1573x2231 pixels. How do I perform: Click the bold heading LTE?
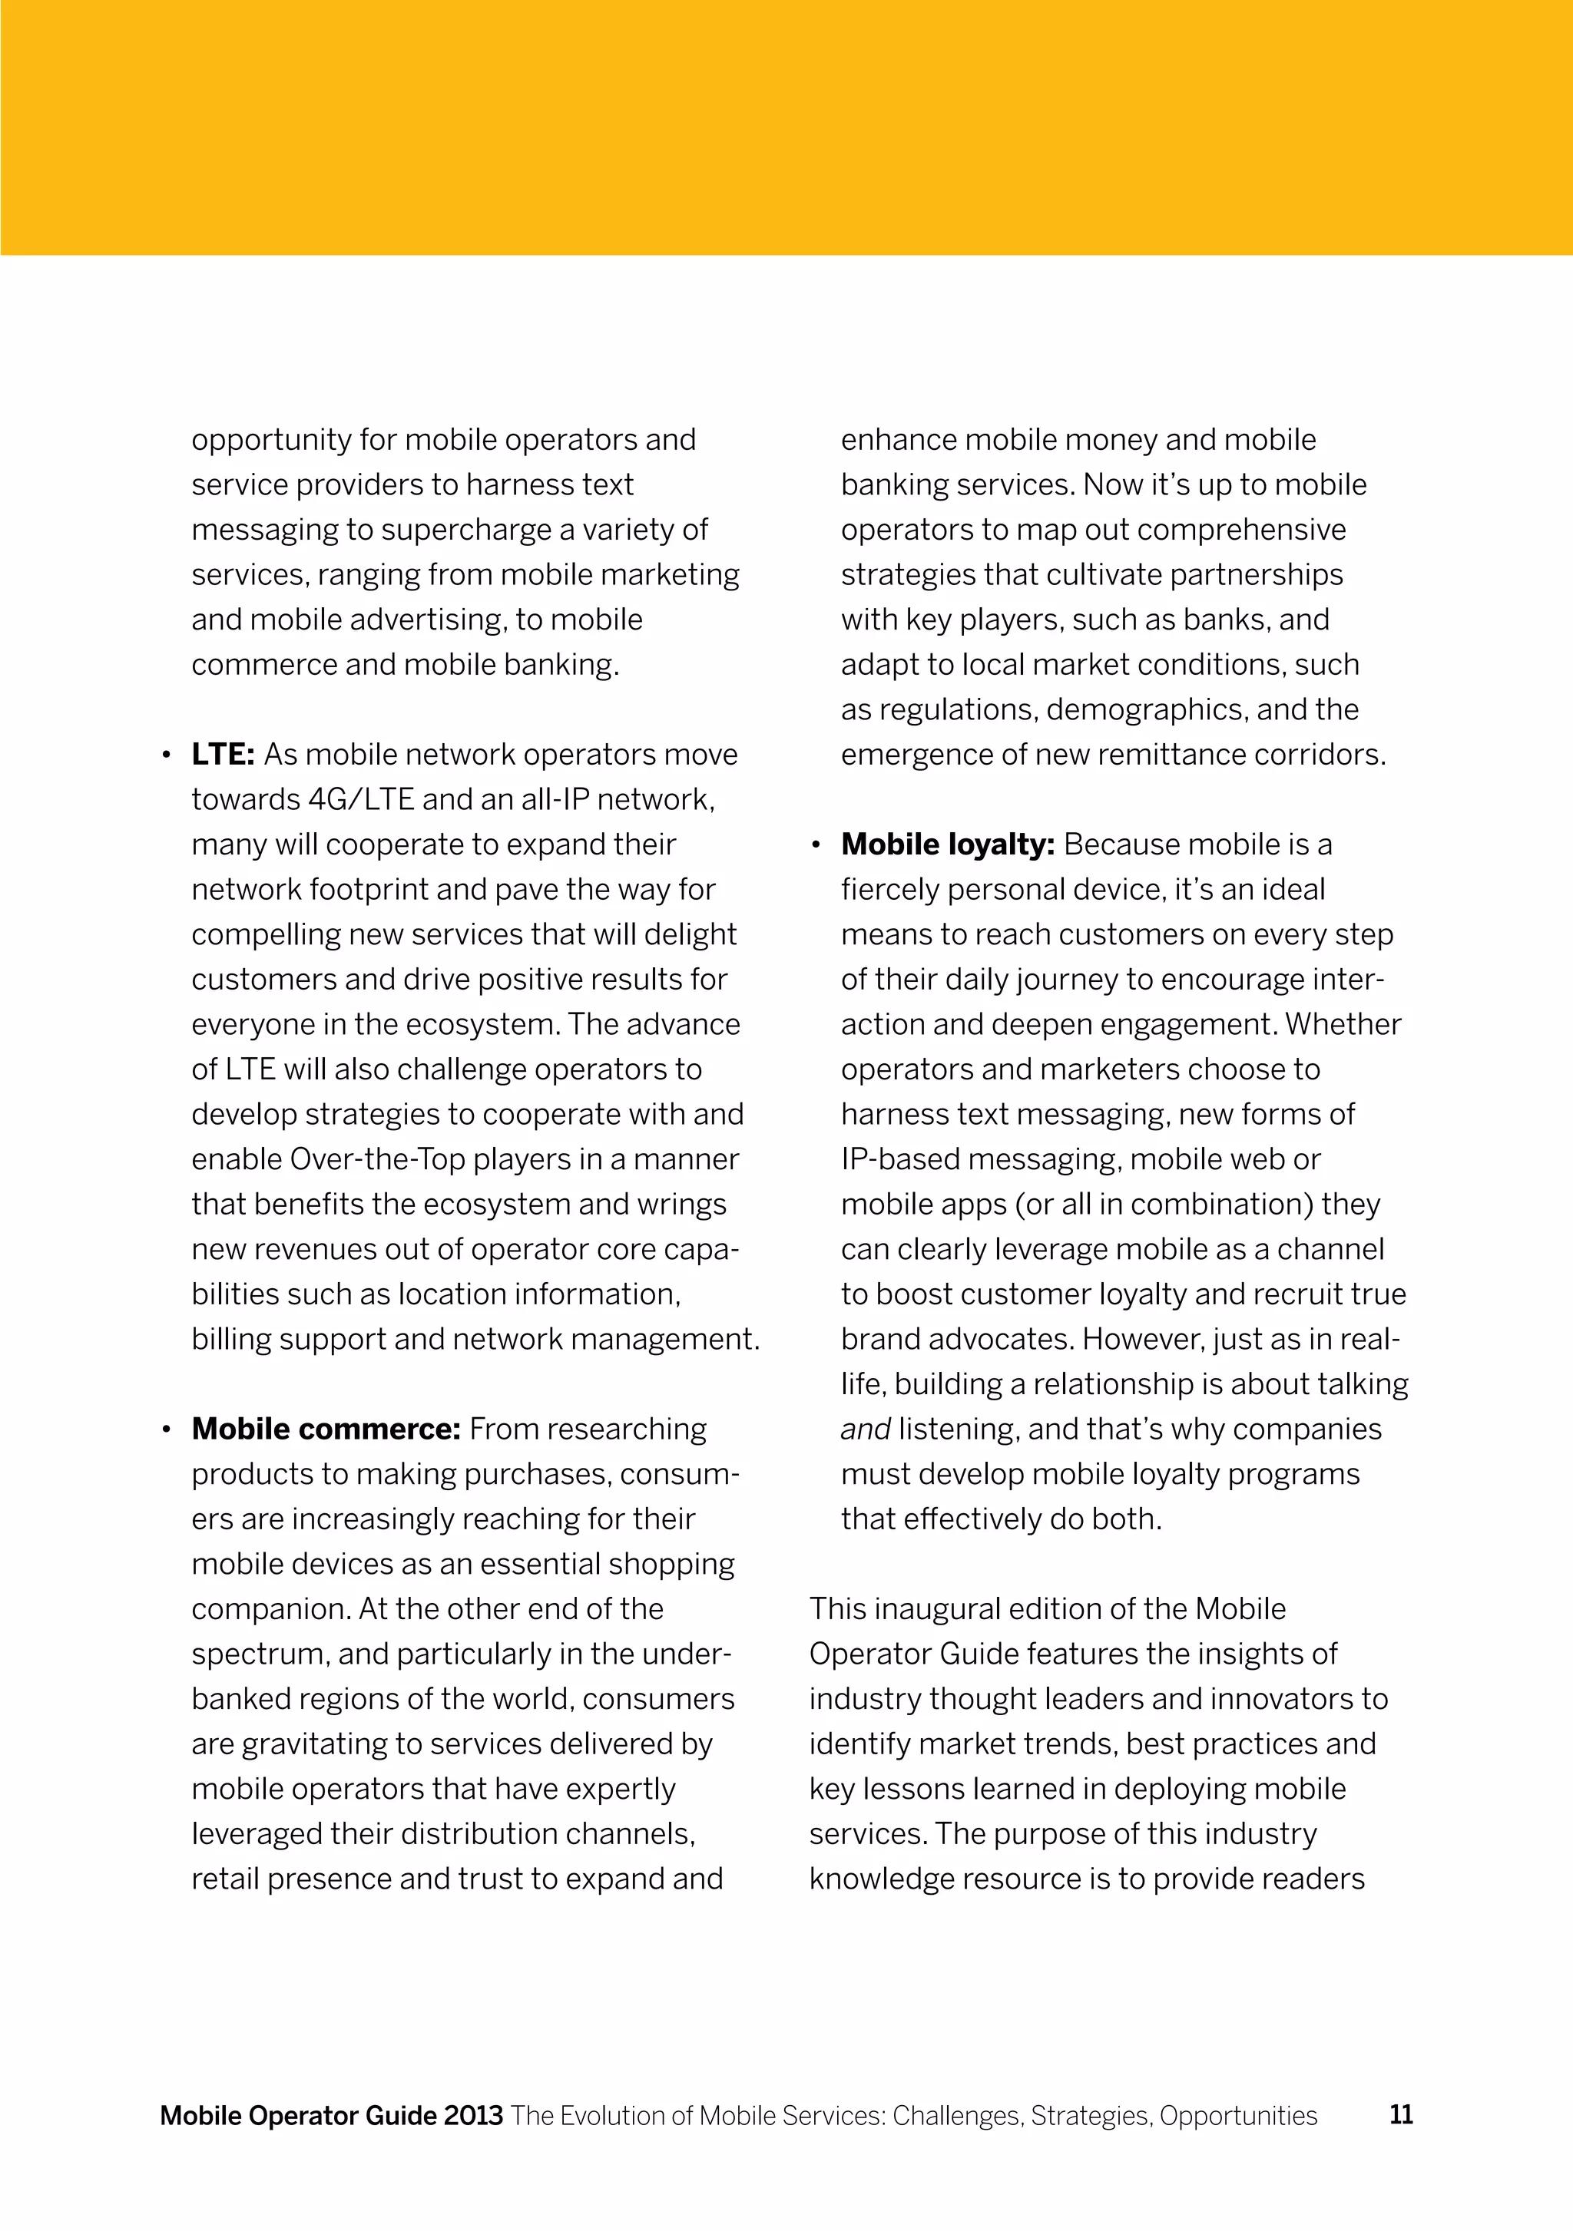(x=223, y=754)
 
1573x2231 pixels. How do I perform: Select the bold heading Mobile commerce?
(x=326, y=1429)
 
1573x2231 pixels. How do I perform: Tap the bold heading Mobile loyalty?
(x=947, y=844)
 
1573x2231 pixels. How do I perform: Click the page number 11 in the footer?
(x=1401, y=2114)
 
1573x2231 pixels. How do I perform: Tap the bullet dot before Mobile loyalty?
(x=816, y=845)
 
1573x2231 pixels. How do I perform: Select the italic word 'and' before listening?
(x=866, y=1429)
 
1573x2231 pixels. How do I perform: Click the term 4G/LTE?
(x=361, y=800)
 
